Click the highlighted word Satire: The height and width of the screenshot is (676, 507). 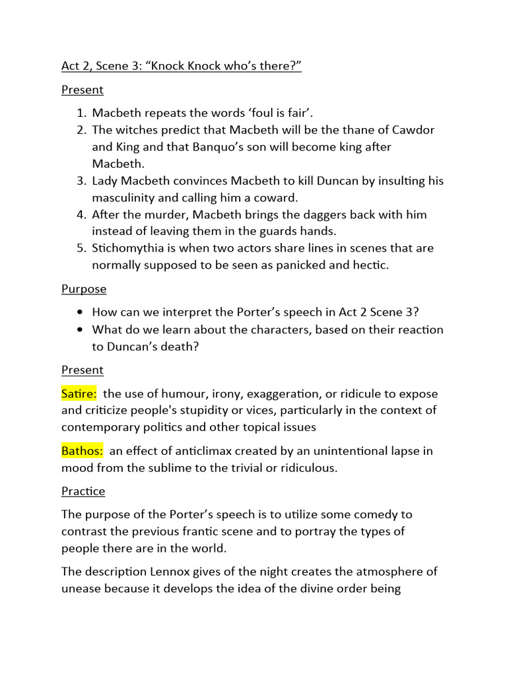click(79, 393)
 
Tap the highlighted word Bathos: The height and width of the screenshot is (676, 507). click(82, 451)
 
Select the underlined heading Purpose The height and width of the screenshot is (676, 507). click(84, 288)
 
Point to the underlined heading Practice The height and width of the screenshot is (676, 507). click(83, 490)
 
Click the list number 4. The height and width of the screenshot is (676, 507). click(82, 215)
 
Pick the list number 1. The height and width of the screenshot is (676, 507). click(82, 114)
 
